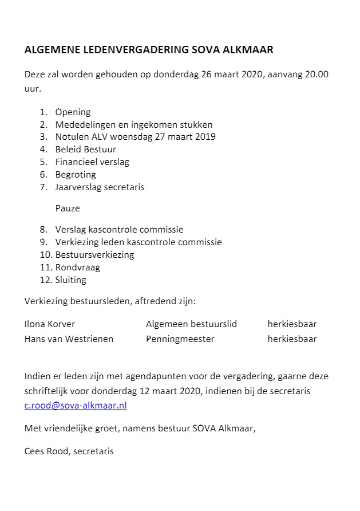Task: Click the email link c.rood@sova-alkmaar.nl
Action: [x=76, y=405]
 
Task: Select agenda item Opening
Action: [x=73, y=112]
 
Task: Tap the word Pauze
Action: [x=68, y=208]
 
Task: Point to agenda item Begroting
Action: [x=76, y=174]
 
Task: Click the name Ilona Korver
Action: [x=50, y=324]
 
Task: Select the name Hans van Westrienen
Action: [x=69, y=339]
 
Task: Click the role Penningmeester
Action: [x=180, y=339]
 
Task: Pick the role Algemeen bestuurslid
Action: [x=191, y=324]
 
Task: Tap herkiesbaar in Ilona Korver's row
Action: [x=292, y=324]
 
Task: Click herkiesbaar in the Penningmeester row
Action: [x=292, y=339]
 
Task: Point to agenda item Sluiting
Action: [x=71, y=280]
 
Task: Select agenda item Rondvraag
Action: [x=77, y=268]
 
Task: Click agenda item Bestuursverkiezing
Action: [x=94, y=255]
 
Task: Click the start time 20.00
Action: [x=317, y=75]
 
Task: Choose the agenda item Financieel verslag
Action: [x=92, y=162]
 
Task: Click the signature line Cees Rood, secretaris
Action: [x=69, y=451]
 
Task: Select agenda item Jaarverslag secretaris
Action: [x=100, y=187]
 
